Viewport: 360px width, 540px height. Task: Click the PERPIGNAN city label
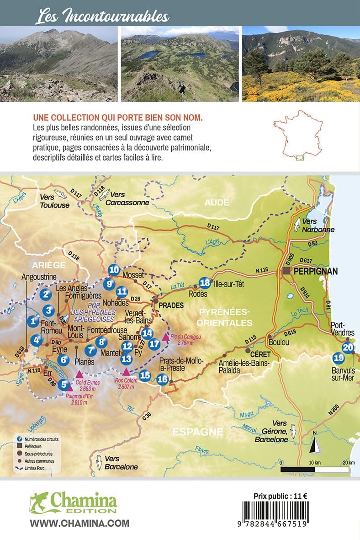pos(315,271)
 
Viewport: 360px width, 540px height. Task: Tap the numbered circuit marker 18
pos(205,283)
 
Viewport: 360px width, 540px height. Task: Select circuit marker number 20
pos(348,347)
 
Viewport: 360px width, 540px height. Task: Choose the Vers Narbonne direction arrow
pos(297,225)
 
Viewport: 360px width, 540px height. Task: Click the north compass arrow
pos(315,442)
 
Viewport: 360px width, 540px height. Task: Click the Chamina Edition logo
pos(73,503)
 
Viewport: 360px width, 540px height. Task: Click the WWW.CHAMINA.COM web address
pos(79,523)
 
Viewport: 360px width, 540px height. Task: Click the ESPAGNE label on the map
pos(197,431)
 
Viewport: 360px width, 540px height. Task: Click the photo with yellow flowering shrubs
pos(301,64)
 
